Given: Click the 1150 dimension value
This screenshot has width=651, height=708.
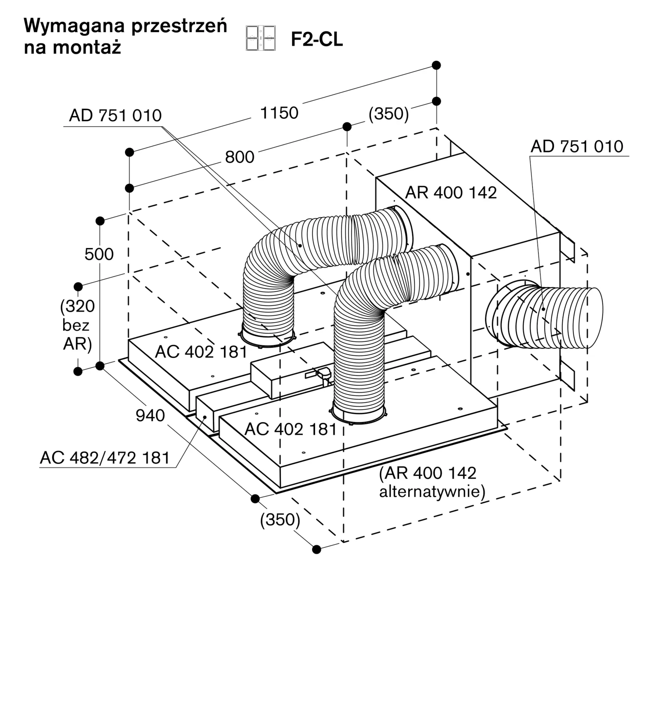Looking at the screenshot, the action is (x=279, y=113).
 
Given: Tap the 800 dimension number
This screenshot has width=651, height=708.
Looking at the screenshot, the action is (x=240, y=157).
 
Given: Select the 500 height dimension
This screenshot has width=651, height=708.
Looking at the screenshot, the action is (x=99, y=254).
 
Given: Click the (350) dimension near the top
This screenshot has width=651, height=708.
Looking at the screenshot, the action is (x=389, y=114).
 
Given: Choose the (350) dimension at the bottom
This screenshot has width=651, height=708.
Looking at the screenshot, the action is (x=280, y=520).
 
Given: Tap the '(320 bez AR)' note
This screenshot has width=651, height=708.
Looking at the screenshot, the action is (x=77, y=325).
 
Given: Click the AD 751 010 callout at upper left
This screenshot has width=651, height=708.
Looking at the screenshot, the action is (x=115, y=116).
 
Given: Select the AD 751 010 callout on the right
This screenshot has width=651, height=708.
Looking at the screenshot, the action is (x=577, y=147).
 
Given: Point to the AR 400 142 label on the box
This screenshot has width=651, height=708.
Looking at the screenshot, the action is (x=451, y=193).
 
